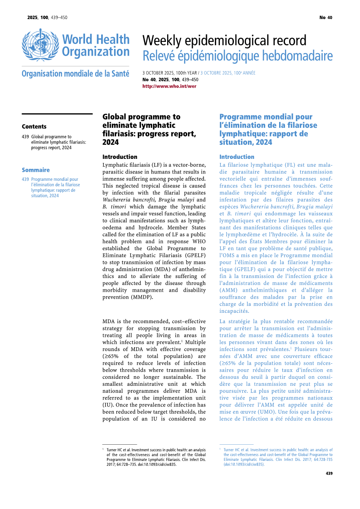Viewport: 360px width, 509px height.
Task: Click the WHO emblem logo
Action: point(40,45)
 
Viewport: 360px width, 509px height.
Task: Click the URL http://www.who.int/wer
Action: point(169,86)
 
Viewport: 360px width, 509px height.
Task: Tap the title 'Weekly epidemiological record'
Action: point(224,41)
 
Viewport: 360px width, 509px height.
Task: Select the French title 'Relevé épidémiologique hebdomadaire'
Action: point(237,56)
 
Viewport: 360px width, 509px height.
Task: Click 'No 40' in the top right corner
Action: point(326,17)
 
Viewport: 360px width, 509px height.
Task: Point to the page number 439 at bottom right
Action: point(329,473)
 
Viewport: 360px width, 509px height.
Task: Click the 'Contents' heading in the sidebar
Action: point(34,127)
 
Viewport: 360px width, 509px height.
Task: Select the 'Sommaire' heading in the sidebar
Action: point(36,170)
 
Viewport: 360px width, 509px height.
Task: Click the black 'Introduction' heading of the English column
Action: point(119,157)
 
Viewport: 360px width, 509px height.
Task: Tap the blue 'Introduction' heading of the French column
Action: point(237,157)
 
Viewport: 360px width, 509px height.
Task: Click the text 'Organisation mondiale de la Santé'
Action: point(75,74)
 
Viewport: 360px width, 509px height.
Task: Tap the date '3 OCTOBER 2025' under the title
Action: point(158,73)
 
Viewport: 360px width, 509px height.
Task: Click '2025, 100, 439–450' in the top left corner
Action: point(47,17)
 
